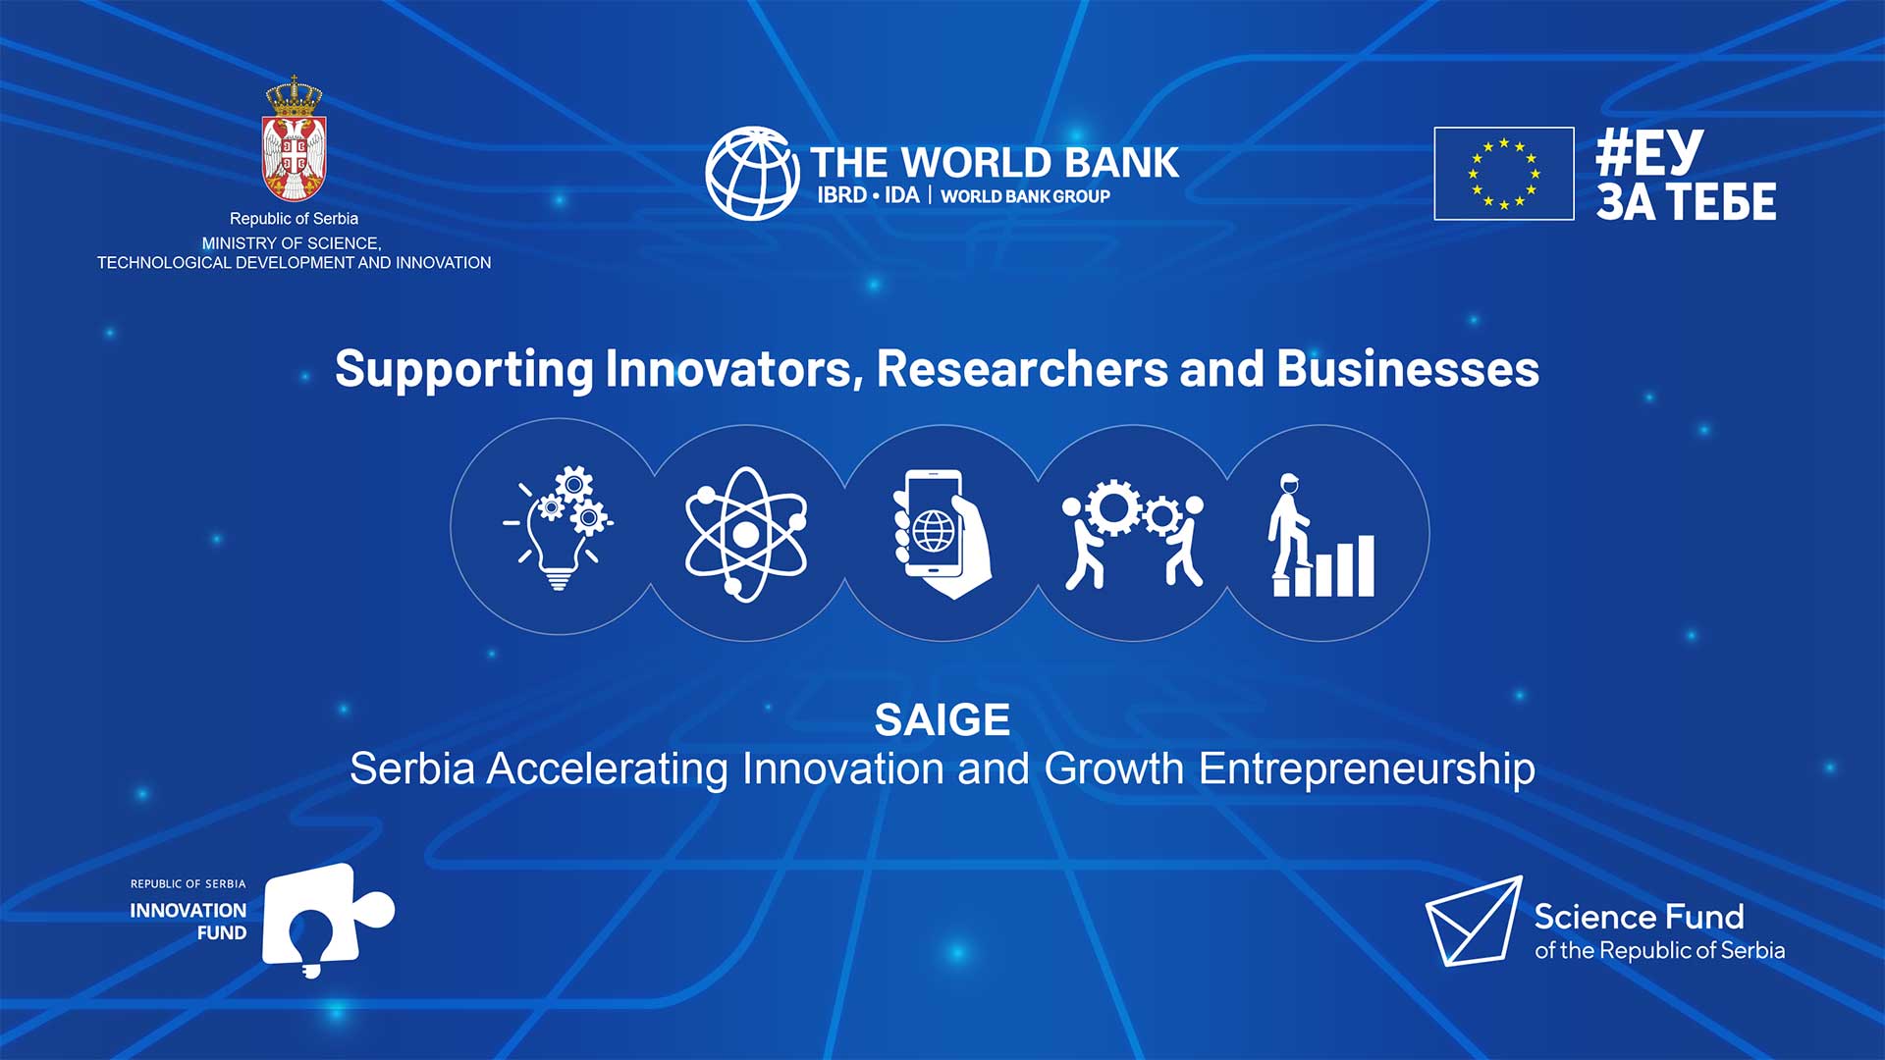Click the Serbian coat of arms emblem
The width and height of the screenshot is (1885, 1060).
point(294,139)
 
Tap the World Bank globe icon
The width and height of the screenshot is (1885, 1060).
point(752,173)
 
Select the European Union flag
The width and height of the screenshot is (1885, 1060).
point(1503,174)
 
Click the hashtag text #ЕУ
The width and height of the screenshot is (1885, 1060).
point(1649,152)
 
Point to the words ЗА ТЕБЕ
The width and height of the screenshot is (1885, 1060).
point(1686,201)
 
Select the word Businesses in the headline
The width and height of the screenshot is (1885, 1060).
point(1408,368)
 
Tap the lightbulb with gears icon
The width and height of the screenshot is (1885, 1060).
point(559,527)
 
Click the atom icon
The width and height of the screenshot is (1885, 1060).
point(746,533)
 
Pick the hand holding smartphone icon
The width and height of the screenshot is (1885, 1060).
point(942,534)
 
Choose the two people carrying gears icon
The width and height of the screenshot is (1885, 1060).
point(1133,533)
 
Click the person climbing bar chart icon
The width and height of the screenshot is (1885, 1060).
point(1321,535)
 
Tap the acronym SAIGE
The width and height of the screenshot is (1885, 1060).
point(942,719)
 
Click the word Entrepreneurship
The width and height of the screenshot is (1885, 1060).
point(1367,769)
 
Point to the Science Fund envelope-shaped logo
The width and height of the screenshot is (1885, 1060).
point(1474,921)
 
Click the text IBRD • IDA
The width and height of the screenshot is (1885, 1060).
point(868,195)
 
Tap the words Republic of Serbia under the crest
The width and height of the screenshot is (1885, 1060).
point(294,218)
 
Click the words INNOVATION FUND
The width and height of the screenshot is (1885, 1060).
point(188,922)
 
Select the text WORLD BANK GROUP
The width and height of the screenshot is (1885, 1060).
point(1025,196)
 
